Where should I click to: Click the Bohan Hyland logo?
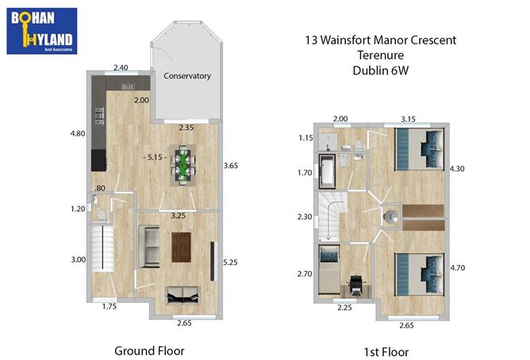[41, 30]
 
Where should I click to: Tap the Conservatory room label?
[187, 76]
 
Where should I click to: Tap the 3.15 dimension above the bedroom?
[407, 119]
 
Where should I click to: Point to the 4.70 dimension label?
[459, 267]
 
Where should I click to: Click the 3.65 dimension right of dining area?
[231, 165]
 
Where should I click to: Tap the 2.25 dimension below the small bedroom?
[344, 308]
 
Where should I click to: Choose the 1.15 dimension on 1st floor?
[305, 137]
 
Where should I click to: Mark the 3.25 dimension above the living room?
[179, 215]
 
